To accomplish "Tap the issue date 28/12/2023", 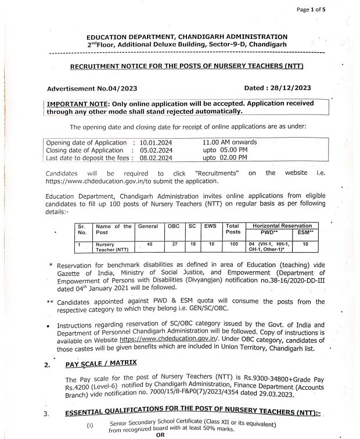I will (x=289, y=88).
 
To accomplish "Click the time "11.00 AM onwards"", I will (x=230, y=142).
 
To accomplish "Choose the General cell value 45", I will (x=149, y=244).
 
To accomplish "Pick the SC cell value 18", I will (x=192, y=244).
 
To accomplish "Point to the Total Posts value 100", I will (x=232, y=244).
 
